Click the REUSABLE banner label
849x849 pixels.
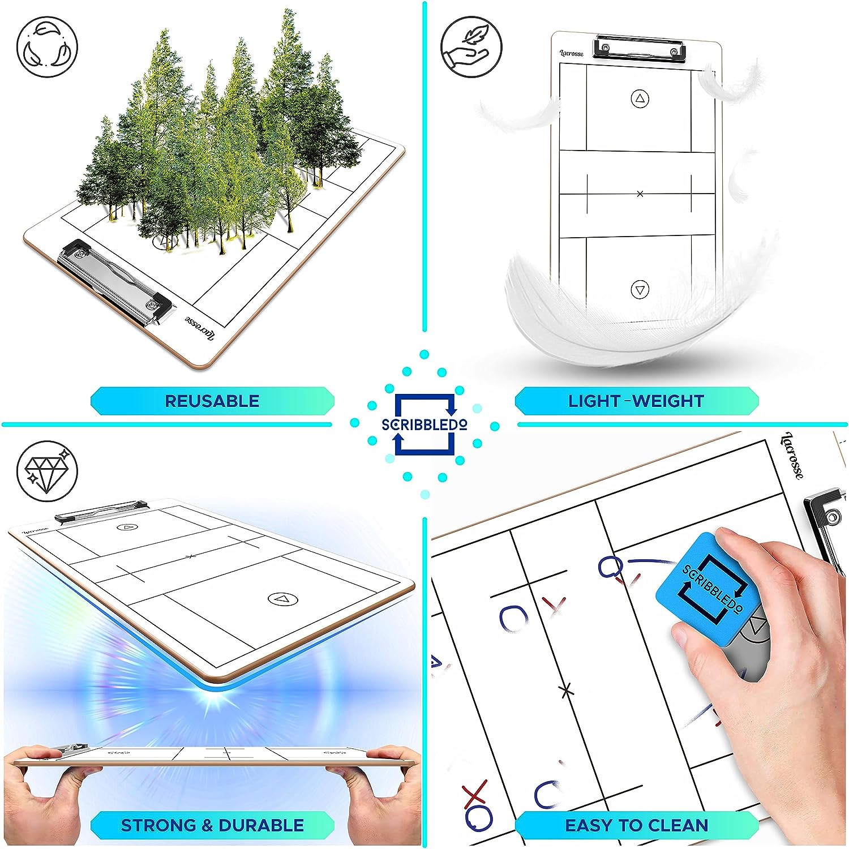click(x=212, y=401)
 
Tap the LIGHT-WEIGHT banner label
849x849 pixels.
click(x=636, y=401)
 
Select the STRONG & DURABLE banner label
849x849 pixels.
click(x=212, y=825)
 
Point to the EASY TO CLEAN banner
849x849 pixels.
click(x=636, y=825)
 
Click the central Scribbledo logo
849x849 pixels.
click(x=424, y=424)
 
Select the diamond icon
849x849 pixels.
click(x=47, y=471)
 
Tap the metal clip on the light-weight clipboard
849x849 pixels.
click(x=640, y=48)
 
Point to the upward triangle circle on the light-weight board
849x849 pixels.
click(x=640, y=99)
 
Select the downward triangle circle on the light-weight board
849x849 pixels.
click(x=640, y=290)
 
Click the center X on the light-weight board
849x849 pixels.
click(x=640, y=194)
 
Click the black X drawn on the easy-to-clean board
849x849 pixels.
click(x=566, y=690)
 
